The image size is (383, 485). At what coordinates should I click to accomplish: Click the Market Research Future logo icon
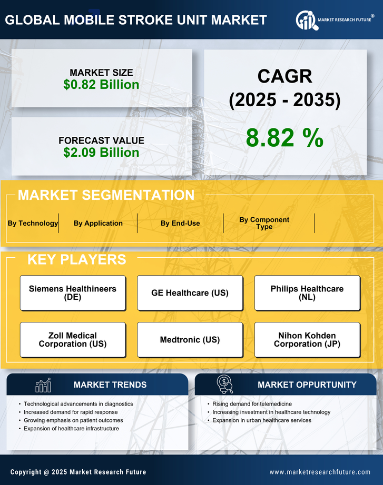click(x=306, y=20)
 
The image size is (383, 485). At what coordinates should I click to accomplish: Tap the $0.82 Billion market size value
click(x=101, y=85)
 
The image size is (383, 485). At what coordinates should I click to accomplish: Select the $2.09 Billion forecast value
click(x=101, y=153)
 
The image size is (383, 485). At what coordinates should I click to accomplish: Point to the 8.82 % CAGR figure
click(x=284, y=138)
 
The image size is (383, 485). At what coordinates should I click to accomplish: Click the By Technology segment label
click(x=33, y=223)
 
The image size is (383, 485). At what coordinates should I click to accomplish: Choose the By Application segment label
click(x=98, y=223)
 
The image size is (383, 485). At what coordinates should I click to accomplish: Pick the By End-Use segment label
click(x=180, y=223)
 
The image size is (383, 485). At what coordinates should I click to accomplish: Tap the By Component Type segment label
click(x=264, y=223)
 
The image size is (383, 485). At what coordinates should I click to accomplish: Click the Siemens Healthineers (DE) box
click(x=73, y=293)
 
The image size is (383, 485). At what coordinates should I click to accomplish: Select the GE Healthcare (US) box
click(x=190, y=293)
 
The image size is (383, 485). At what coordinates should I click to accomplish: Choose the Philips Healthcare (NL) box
click(x=307, y=293)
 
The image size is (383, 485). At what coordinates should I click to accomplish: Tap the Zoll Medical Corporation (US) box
click(x=73, y=340)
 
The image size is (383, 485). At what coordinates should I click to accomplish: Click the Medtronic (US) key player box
click(x=190, y=340)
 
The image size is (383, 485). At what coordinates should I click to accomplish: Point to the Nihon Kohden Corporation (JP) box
click(x=307, y=340)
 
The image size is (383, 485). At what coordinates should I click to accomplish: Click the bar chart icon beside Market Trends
click(x=43, y=385)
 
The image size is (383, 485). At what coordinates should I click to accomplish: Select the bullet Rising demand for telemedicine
click(x=251, y=404)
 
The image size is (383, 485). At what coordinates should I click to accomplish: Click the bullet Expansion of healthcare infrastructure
click(x=71, y=429)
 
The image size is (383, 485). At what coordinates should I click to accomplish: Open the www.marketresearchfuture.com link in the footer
click(x=320, y=472)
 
